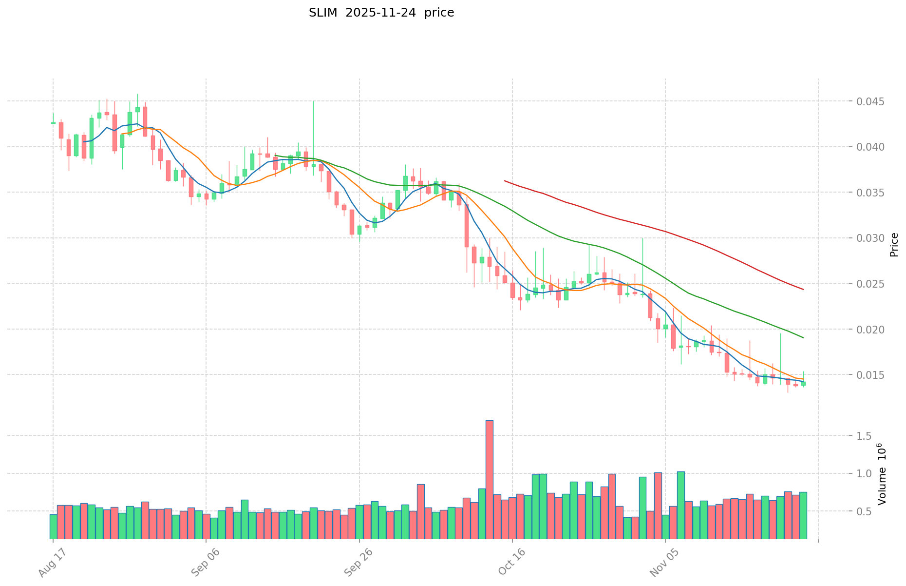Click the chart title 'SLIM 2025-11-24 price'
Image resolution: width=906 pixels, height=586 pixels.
[381, 13]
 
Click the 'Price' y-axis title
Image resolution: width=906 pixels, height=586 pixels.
[894, 245]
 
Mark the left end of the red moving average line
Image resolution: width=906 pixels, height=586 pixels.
[505, 181]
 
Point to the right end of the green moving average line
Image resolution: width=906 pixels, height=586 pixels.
[803, 338]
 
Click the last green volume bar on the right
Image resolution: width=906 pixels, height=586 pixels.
[803, 515]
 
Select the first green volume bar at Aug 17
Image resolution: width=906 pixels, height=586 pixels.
[53, 526]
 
